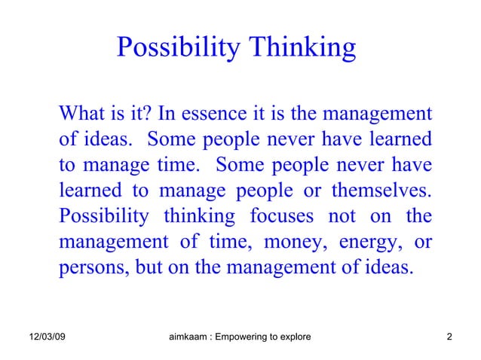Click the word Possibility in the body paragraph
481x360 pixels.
pyautogui.click(x=103, y=217)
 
